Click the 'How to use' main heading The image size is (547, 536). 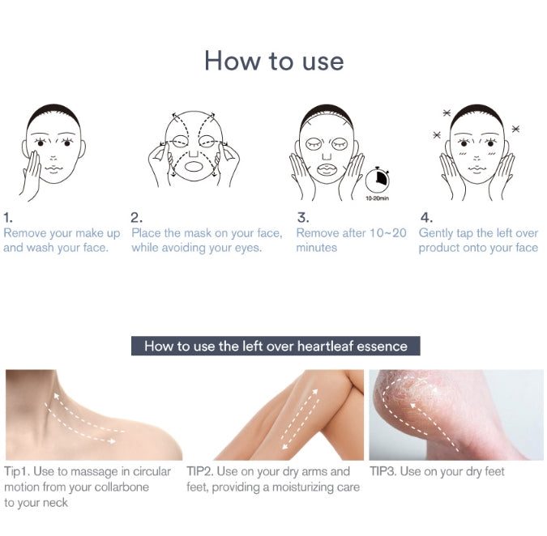[273, 61]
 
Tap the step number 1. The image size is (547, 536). [8, 218]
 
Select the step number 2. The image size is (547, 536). [136, 218]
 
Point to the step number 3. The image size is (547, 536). [302, 218]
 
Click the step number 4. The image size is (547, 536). [425, 218]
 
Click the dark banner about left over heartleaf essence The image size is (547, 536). [276, 346]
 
